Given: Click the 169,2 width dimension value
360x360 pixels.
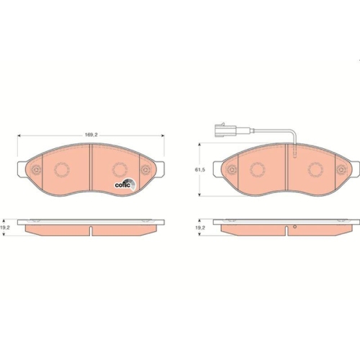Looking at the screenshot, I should coord(91,134).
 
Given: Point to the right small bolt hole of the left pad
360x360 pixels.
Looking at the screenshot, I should coord(145,171).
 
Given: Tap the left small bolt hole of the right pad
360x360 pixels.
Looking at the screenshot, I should coord(232,170).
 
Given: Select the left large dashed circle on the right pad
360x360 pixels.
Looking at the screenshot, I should coord(258,170).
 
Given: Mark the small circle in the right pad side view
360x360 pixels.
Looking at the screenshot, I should coord(294,228).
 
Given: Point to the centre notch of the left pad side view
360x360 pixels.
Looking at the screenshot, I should coord(91,231).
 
